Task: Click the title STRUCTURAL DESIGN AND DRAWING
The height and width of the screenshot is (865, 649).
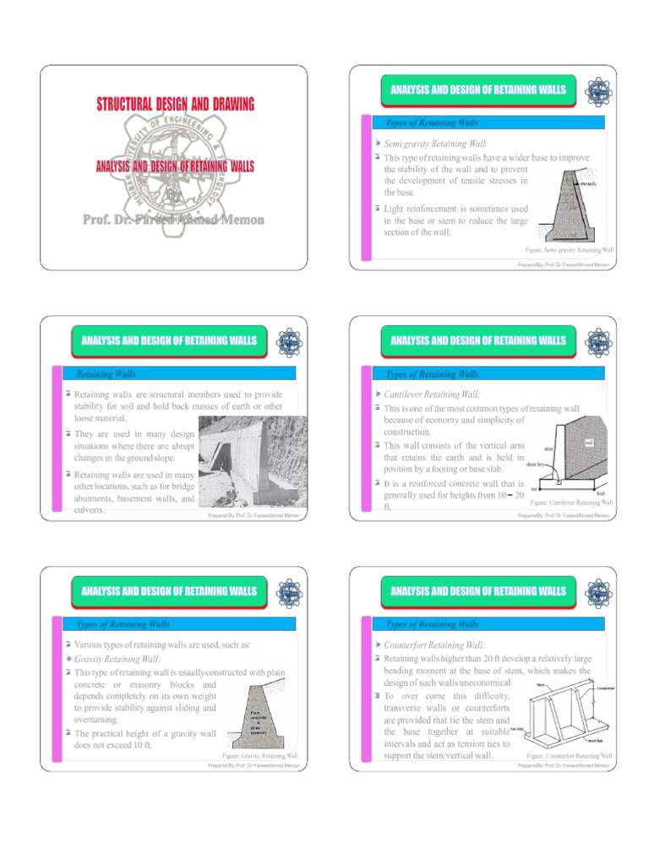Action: pos(175,105)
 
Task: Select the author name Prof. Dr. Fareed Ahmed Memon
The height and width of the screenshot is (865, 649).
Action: pos(173,220)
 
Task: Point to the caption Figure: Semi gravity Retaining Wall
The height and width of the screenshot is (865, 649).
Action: pos(569,251)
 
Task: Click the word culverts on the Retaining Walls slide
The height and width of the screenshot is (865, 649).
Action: pos(90,509)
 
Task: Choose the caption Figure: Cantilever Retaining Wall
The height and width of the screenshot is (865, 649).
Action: pos(571,502)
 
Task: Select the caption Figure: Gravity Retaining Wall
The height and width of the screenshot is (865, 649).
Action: pos(259,755)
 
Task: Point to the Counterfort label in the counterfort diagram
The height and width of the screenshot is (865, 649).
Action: pos(605,688)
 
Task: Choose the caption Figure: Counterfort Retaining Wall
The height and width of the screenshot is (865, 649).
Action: pos(570,755)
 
